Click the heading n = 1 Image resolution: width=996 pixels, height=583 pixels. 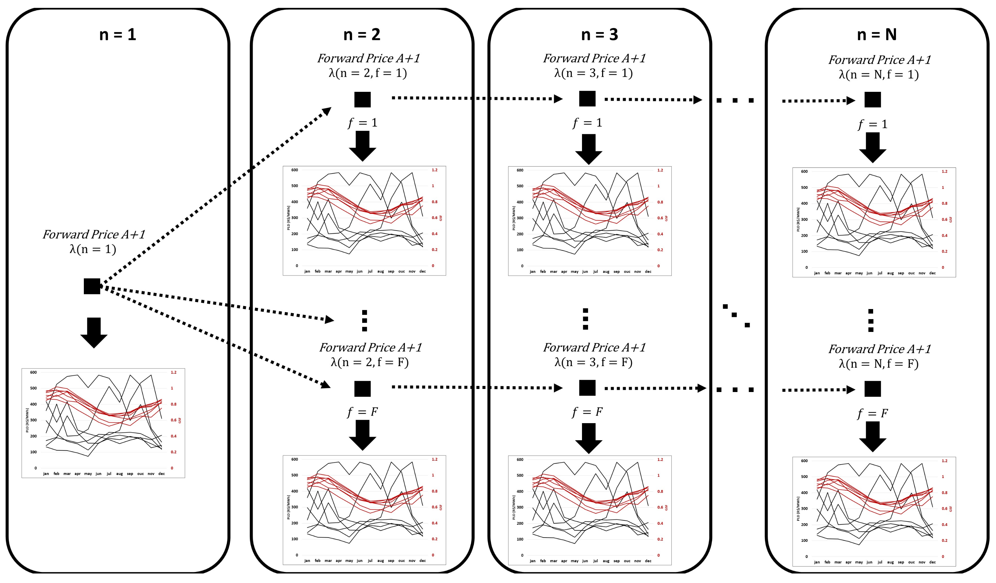point(117,35)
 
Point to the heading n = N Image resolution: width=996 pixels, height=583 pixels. point(876,35)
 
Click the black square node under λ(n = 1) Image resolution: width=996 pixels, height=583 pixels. point(92,286)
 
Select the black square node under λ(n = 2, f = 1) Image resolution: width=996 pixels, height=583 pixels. point(362,99)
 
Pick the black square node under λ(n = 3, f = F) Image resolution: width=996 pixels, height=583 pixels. point(587,388)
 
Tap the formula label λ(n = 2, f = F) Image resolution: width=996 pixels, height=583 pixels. point(369,362)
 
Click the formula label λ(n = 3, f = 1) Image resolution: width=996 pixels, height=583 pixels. point(593,73)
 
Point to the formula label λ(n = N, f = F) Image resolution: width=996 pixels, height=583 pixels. point(878,364)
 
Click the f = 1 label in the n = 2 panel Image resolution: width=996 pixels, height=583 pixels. point(362,123)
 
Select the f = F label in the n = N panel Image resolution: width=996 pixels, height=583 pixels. point(872,414)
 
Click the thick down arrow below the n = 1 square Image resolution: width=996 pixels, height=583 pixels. point(94,332)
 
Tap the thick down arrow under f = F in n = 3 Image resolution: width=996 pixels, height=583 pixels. point(588,438)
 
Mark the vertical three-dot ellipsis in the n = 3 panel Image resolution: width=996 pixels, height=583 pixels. point(585,319)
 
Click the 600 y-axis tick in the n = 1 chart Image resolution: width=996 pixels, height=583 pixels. point(33,372)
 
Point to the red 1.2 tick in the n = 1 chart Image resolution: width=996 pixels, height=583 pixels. point(173,372)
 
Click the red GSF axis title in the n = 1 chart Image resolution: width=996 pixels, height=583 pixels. point(180,420)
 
